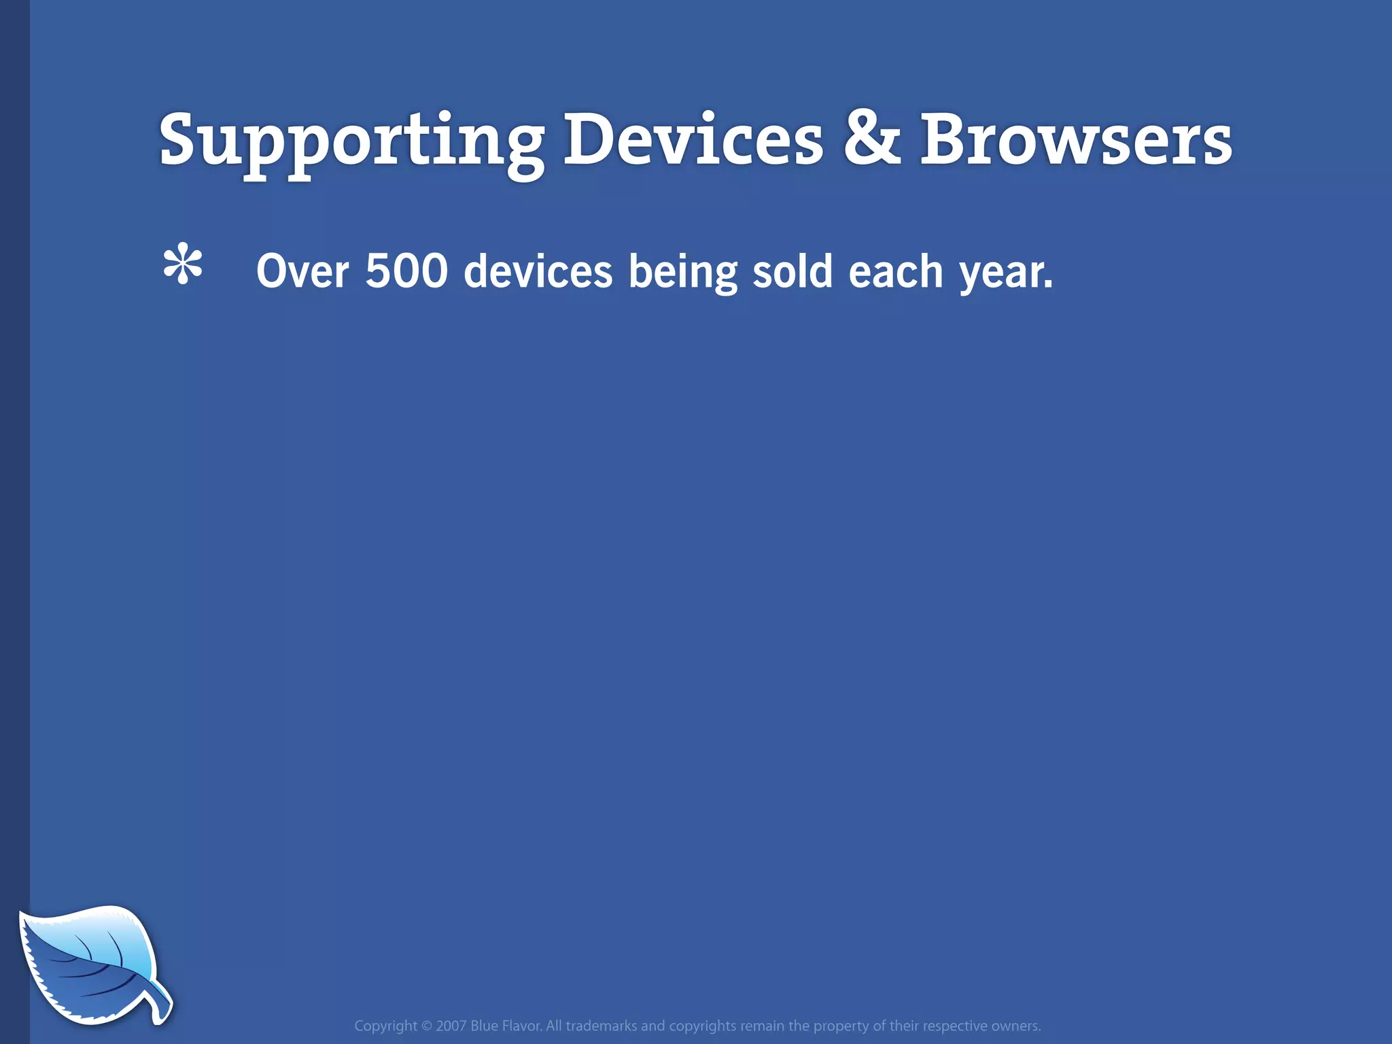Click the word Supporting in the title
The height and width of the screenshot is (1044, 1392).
(351, 141)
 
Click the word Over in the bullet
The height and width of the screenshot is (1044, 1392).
(302, 271)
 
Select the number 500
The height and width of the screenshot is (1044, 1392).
(406, 271)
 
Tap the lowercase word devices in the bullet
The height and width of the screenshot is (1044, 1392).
(538, 271)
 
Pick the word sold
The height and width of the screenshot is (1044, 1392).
(793, 271)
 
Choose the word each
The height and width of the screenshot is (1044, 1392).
(896, 271)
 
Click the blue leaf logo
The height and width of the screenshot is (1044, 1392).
(88, 962)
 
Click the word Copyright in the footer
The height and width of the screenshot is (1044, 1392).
(385, 1026)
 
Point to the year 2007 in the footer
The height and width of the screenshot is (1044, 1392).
(451, 1026)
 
